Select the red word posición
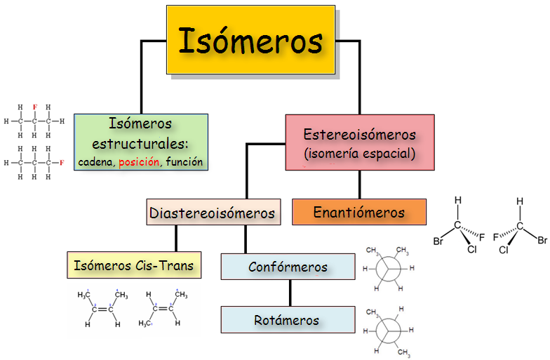point(140,162)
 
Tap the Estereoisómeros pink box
point(359,142)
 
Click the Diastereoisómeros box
point(212,212)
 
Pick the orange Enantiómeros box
point(359,212)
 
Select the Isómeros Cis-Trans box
point(134,266)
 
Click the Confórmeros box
point(288,267)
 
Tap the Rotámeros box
point(288,320)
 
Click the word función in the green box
point(185,162)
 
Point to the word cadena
point(97,162)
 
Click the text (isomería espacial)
point(359,152)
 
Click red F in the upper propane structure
point(34,107)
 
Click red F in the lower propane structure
point(62,162)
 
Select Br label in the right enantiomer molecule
point(542,241)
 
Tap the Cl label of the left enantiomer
point(471,249)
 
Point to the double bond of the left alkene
point(102,309)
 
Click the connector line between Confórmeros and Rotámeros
point(288,293)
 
